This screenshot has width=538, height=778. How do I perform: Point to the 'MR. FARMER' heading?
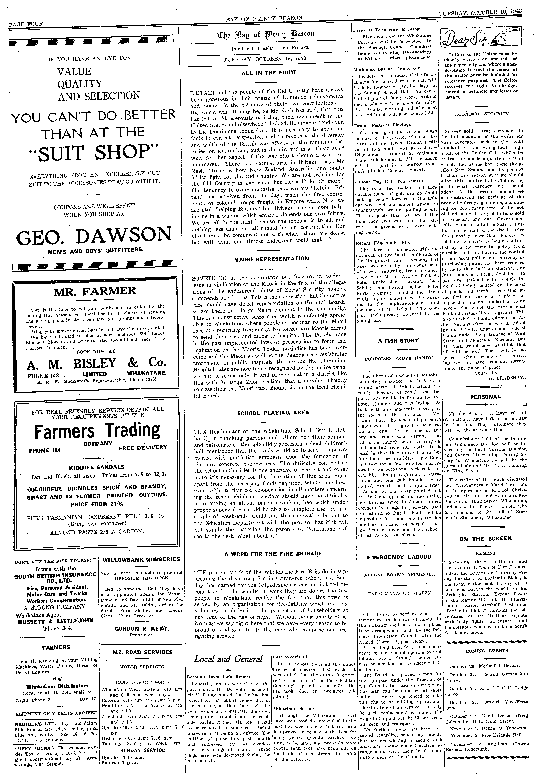click(95, 290)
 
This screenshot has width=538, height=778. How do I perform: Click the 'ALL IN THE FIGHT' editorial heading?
click(269, 72)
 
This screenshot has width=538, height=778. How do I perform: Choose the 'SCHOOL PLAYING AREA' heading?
click(273, 413)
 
